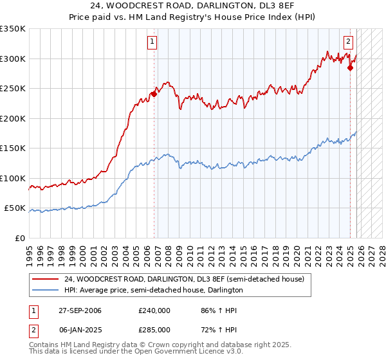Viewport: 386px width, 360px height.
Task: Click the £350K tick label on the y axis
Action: [13, 29]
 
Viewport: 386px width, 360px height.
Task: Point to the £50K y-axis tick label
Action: [15, 208]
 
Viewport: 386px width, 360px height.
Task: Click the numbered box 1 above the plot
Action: [152, 42]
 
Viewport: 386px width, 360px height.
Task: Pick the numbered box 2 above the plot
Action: [348, 42]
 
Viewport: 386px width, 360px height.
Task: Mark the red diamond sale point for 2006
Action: [154, 94]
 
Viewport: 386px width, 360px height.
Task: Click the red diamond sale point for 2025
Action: [350, 67]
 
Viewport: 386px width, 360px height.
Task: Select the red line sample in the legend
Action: [46, 279]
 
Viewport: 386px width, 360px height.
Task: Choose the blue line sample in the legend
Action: [46, 290]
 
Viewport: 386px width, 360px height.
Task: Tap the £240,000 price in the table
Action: [154, 310]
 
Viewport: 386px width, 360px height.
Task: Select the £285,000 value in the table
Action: [154, 329]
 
